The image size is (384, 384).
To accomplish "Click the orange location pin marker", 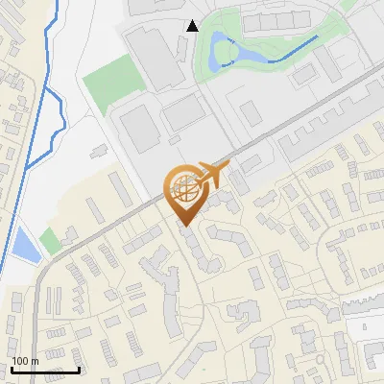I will [183, 192].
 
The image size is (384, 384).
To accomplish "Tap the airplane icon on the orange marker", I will [212, 175].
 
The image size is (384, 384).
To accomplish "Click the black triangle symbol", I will [193, 26].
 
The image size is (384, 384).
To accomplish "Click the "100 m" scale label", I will [25, 361].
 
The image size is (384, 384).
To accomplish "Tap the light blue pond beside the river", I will [27, 246].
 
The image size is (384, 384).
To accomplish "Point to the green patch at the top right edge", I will [349, 5].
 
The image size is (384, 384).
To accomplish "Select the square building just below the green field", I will [135, 126].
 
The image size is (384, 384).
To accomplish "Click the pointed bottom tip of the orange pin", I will [183, 226].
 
